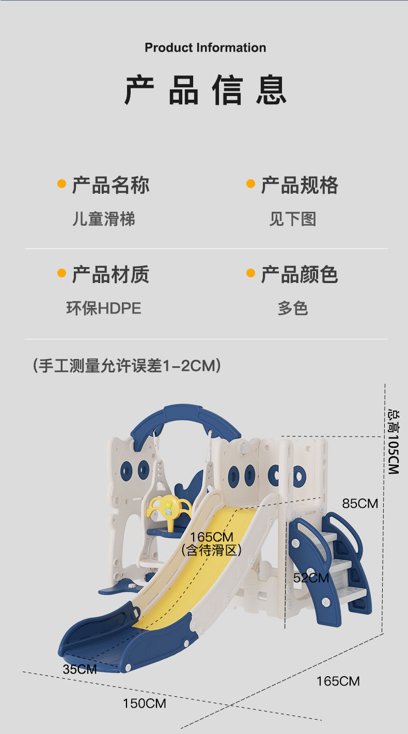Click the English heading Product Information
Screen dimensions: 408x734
pos(205,48)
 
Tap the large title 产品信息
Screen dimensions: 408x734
pos(205,91)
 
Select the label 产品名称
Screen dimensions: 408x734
pos(111,185)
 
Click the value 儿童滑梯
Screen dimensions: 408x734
pos(103,219)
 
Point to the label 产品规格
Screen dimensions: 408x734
pos(300,185)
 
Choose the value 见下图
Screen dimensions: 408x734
pos(292,219)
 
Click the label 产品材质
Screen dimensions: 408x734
pos(111,274)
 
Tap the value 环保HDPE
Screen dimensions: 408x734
pos(103,308)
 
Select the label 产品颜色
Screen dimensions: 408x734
pos(300,274)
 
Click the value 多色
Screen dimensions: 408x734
pos(292,308)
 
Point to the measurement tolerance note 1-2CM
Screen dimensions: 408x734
pos(127,366)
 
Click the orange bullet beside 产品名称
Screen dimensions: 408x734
pos(61,184)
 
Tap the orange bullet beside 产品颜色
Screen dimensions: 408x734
pos(251,273)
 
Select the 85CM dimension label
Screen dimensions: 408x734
pos(360,503)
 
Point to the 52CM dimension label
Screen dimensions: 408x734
pos(311,577)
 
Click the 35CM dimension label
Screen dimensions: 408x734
pos(80,669)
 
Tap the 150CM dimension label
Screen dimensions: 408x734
pos(144,703)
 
